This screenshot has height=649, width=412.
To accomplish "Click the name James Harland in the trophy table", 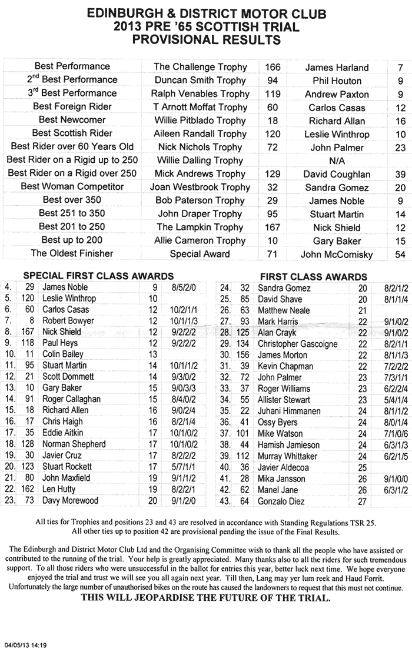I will point(337,68).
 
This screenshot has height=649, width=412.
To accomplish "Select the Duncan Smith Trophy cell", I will point(200,81).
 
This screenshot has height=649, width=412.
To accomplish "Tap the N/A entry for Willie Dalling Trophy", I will point(337,160).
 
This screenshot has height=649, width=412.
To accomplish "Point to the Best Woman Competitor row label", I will point(72,187).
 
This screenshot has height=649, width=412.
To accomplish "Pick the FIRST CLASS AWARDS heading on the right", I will point(314,277).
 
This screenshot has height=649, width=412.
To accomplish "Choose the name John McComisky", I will point(337,255).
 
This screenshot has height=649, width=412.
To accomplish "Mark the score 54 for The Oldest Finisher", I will point(400,255).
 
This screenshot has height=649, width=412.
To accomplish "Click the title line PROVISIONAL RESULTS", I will point(206,40).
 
